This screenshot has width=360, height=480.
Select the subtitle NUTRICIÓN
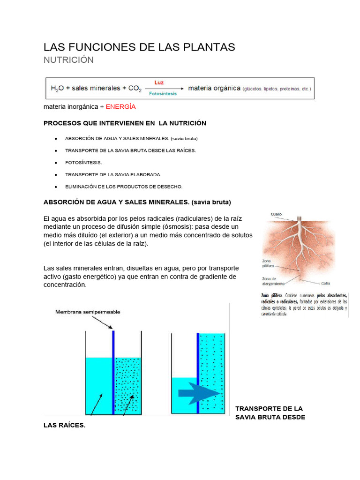pos(68,60)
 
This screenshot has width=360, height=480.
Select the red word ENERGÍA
pos(120,107)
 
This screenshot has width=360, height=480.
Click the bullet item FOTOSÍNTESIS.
pos(83,162)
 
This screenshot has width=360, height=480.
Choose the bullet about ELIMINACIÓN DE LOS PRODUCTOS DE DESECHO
pos(124,187)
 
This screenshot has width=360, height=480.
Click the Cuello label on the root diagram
pos(276,214)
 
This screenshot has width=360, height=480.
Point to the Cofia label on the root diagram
pos(326,283)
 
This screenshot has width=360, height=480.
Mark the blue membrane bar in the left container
pos(113,373)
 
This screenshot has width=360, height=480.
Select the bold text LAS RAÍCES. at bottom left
pos(64,426)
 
